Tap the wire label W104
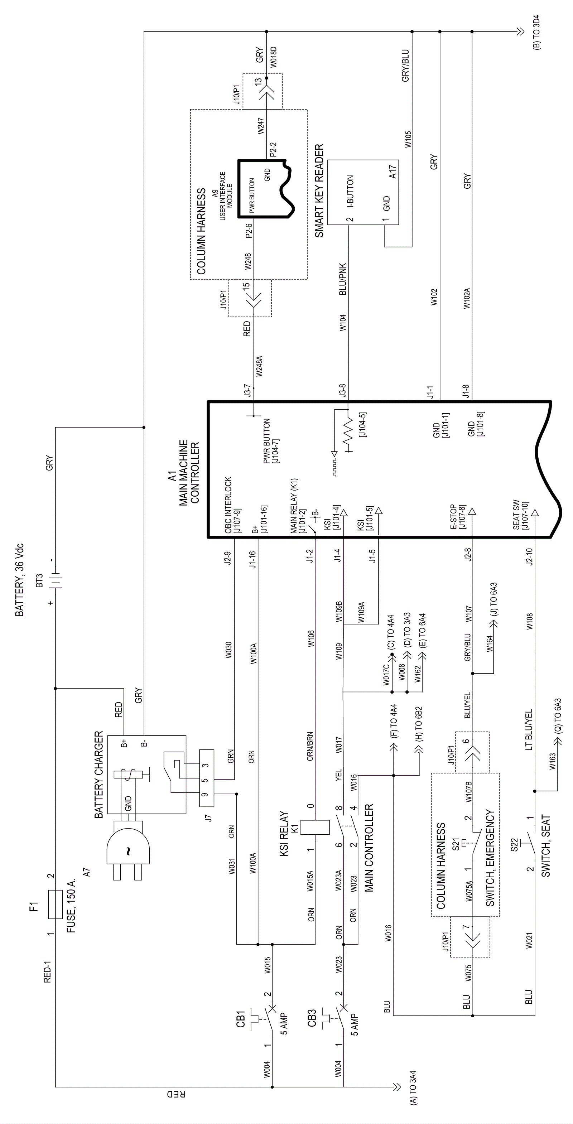click(343, 323)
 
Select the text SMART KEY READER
click(319, 191)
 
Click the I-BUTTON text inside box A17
click(350, 191)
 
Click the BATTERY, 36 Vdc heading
click(20, 580)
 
